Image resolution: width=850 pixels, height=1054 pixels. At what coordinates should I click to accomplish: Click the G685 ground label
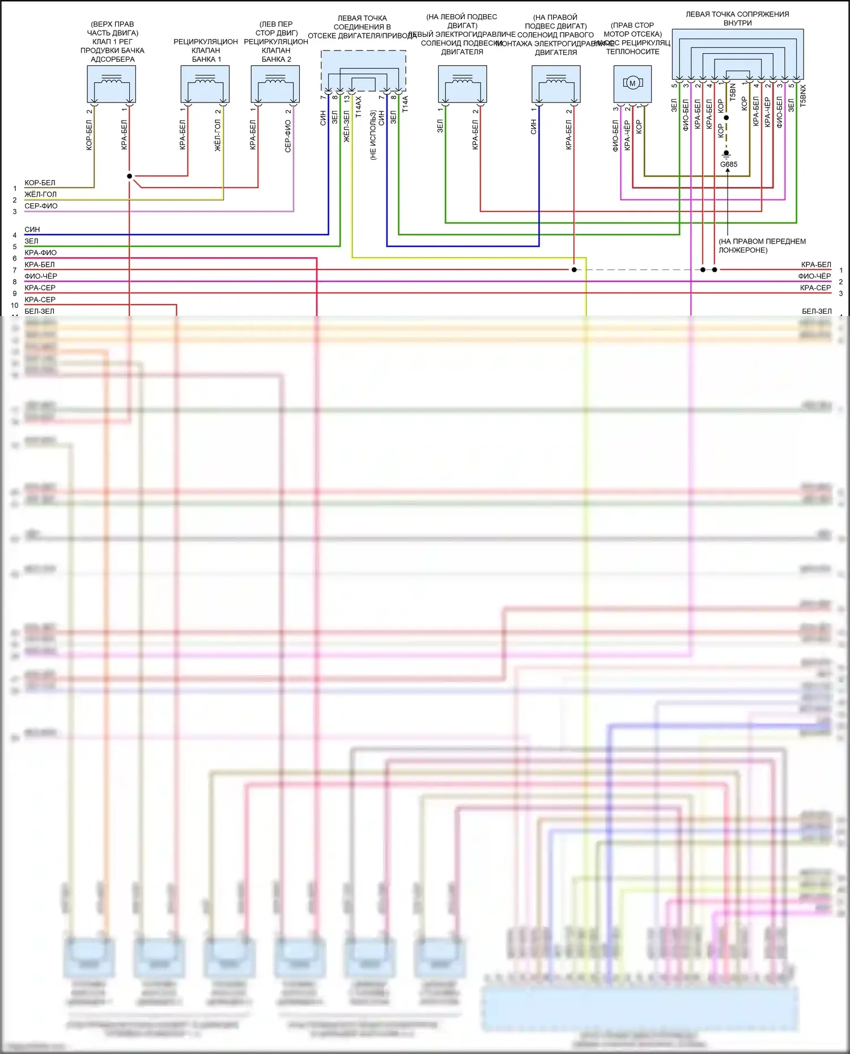coord(729,164)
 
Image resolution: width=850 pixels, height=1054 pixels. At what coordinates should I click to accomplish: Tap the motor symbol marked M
coord(632,83)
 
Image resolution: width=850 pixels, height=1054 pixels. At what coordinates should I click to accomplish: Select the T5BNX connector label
coord(803,96)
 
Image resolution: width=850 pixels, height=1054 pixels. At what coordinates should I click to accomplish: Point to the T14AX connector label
coord(358,106)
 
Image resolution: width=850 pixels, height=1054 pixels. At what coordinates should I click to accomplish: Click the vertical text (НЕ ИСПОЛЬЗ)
coord(373,135)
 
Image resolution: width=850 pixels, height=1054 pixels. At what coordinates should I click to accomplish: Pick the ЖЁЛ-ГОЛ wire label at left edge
coord(40,194)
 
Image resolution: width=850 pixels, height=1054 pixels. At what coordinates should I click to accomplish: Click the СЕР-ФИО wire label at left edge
coord(41,206)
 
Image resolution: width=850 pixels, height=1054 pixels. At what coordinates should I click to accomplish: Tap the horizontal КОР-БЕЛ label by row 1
coord(40,183)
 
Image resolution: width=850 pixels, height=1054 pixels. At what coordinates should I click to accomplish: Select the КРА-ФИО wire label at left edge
coord(40,253)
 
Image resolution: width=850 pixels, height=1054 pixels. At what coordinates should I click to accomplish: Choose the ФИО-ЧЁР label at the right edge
coord(814,276)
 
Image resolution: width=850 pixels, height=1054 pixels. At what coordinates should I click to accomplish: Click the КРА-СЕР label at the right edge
coord(815,288)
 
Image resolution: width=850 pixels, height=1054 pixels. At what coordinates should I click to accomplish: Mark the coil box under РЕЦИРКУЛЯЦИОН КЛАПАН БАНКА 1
coord(205,84)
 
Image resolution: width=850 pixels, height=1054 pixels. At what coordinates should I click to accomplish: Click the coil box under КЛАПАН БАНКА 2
coord(275,84)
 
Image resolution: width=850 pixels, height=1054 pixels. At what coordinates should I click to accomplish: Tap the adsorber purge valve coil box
coord(111,84)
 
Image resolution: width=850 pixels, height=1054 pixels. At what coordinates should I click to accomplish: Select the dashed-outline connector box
coord(363,71)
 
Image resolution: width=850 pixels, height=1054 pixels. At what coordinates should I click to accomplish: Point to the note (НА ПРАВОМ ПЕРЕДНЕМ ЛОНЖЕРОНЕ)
coord(762,245)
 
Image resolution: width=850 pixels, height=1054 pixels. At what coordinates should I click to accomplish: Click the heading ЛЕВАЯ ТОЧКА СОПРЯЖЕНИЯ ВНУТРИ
coord(737,19)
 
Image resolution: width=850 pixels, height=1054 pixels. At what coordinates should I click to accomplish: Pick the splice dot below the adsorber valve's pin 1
coord(129,176)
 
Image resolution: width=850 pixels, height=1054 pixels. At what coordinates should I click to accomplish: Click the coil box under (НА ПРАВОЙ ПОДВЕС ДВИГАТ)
coord(556,84)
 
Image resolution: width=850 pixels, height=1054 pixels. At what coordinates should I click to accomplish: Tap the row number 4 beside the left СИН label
coord(15,235)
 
